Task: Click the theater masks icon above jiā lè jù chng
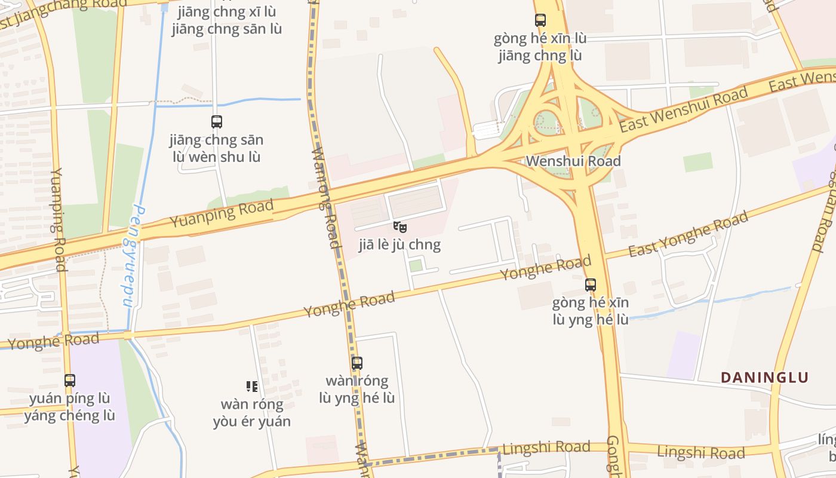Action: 400,227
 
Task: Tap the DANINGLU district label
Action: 764,378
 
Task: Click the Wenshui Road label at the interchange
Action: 573,161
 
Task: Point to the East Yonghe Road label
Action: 688,234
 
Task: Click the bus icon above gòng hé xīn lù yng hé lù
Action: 591,285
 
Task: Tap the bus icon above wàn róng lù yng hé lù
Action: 357,363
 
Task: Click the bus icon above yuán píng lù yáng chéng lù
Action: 70,380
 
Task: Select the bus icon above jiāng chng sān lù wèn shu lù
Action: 217,122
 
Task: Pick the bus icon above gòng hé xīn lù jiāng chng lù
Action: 540,20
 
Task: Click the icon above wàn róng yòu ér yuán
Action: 252,387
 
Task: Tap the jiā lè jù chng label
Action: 399,244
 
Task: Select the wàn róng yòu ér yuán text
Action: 252,413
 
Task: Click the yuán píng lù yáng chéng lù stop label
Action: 70,407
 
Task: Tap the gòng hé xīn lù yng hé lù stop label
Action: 591,311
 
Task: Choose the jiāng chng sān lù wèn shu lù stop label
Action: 217,149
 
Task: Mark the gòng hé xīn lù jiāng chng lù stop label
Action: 540,47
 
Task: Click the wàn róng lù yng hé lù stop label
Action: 357,390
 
